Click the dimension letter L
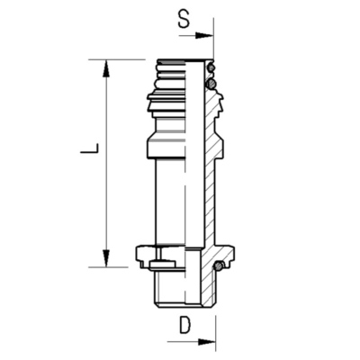pyautogui.click(x=89, y=148)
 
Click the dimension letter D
pyautogui.click(x=185, y=325)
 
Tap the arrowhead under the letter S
pyautogui.click(x=204, y=35)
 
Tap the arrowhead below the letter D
pyautogui.click(x=207, y=342)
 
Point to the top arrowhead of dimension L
pyautogui.click(x=105, y=68)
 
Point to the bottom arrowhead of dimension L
pyautogui.click(x=105, y=258)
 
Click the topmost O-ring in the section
pyautogui.click(x=211, y=67)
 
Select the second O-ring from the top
pyautogui.click(x=211, y=83)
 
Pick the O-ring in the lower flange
pyautogui.click(x=219, y=265)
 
